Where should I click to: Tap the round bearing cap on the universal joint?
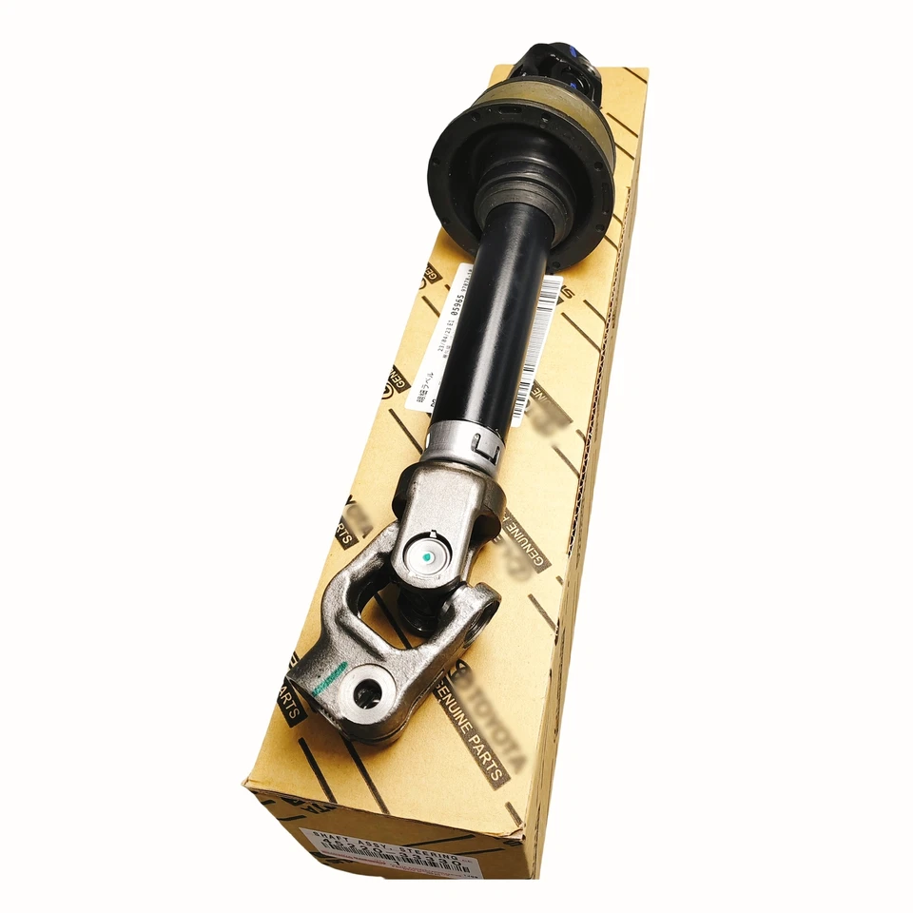click(x=425, y=555)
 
